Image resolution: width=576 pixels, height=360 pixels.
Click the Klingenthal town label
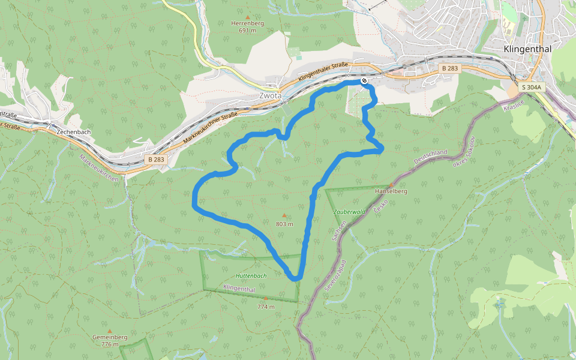[x=527, y=49]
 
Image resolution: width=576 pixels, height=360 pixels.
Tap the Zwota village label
[x=270, y=95]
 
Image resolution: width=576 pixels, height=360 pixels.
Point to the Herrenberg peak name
[x=247, y=23]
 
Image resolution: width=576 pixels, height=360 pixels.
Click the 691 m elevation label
[x=247, y=31]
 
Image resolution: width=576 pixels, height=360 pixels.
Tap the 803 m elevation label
[x=284, y=224]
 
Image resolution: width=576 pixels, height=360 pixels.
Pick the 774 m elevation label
[x=266, y=307]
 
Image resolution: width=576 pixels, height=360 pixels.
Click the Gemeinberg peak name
[x=110, y=337]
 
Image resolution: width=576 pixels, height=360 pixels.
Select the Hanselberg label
[x=391, y=191]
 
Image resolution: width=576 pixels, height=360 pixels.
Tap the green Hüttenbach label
[x=251, y=275]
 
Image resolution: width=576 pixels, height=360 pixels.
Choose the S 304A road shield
[x=531, y=87]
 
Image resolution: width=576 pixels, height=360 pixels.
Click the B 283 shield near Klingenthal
[x=449, y=68]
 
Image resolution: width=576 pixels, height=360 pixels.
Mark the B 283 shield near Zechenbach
[x=155, y=160]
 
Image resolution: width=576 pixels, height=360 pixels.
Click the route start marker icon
[x=364, y=80]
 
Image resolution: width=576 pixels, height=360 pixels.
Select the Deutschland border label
[x=431, y=158]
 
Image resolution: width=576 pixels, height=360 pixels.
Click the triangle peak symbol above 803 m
[x=284, y=215]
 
